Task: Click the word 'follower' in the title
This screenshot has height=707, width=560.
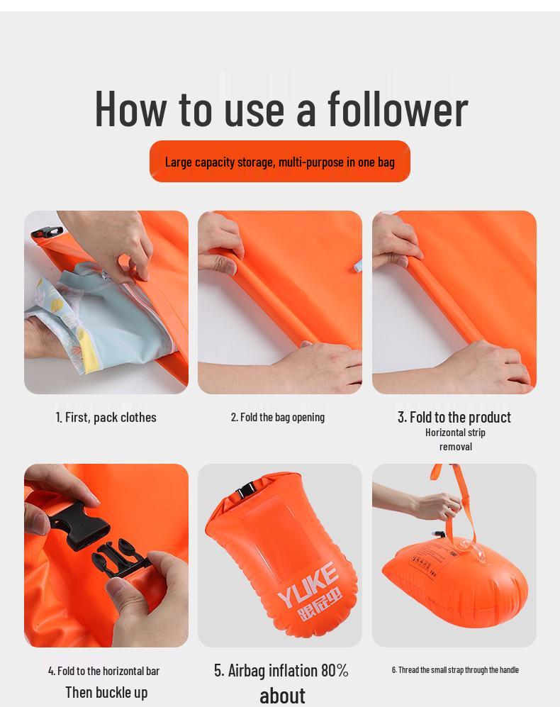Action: pos(397,108)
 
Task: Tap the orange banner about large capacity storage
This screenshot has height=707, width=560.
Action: pos(279,162)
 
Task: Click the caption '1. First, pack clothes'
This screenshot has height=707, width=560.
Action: pos(106,417)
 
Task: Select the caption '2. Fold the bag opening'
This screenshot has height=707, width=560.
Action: pos(278,417)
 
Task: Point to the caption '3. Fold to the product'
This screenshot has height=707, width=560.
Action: pos(454,417)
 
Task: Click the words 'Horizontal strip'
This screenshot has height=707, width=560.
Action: pos(455,433)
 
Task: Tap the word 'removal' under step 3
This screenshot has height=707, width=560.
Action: pos(455,447)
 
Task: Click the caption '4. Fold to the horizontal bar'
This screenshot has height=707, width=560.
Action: pos(103,671)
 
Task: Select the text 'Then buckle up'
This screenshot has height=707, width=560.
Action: pos(106,692)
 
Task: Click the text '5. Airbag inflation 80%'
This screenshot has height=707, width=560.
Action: pos(281,670)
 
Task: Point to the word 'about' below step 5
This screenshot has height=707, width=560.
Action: pos(282,695)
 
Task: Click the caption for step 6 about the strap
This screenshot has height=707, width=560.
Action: pos(455,669)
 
